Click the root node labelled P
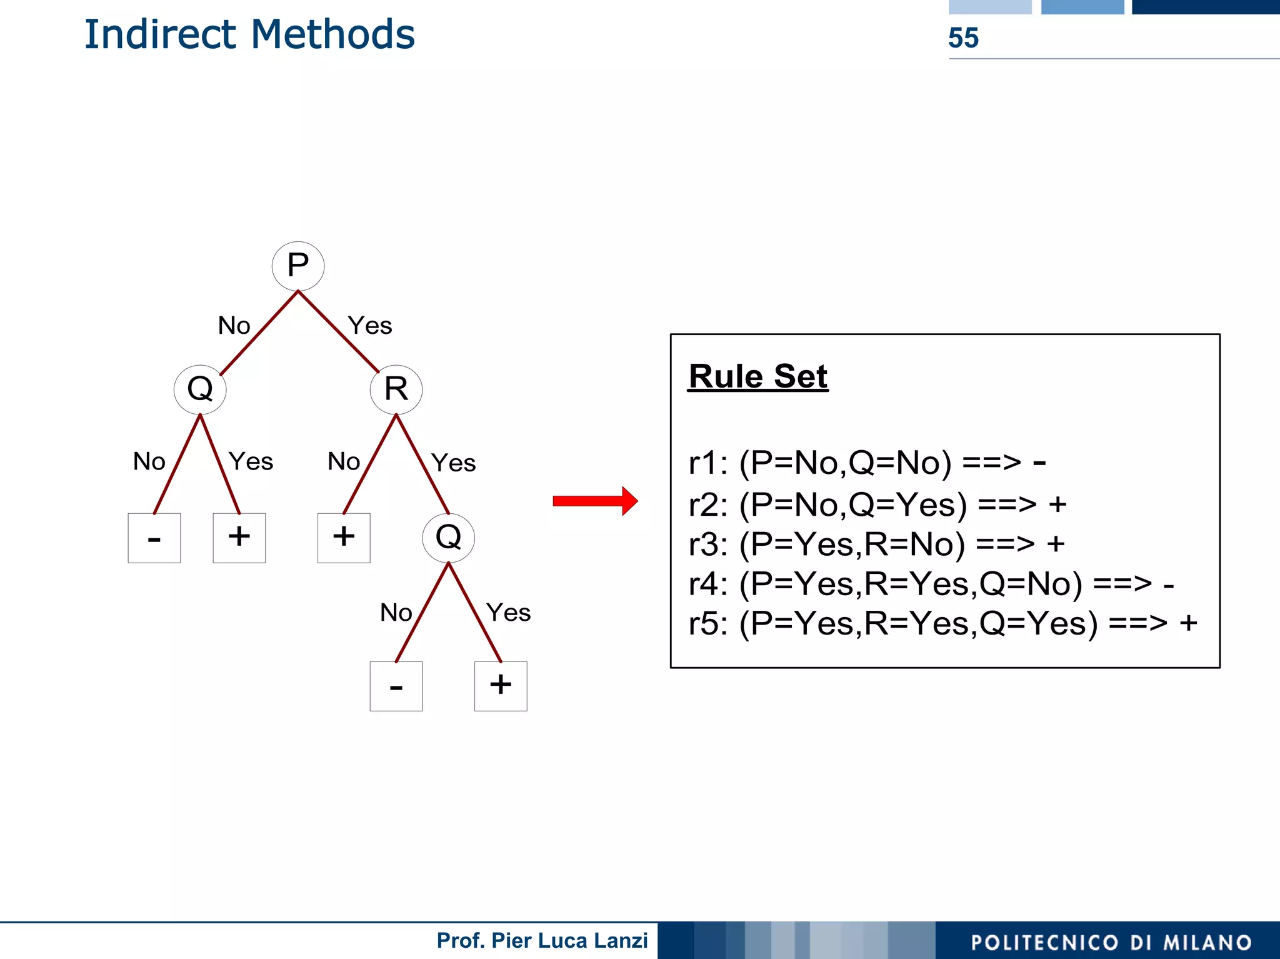coord(298,266)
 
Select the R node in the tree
coord(396,389)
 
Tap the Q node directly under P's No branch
coord(200,389)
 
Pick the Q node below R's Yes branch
coord(448,537)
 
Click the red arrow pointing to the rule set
coord(594,501)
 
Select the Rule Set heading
coord(757,377)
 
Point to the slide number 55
coord(963,38)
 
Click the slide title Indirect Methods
coord(249,34)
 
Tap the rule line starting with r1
coord(867,463)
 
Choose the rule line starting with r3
coord(876,544)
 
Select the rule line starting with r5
coord(942,623)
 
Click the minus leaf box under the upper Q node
coord(154,538)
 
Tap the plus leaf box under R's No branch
coord(344,538)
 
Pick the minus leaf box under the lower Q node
coord(396,686)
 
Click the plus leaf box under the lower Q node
coord(501,686)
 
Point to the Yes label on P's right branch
coord(370,326)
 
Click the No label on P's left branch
coord(234,326)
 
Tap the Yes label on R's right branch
coord(454,463)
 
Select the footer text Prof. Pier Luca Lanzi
coord(542,940)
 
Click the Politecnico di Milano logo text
coord(1111,942)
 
